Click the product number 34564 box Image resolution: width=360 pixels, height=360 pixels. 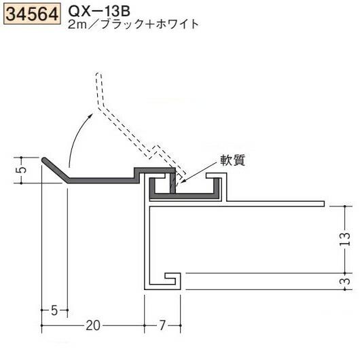tap(31, 14)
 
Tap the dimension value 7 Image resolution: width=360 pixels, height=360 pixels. tap(163, 325)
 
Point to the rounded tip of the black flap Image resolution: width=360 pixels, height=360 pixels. tap(45, 161)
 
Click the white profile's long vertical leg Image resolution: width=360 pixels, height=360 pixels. tap(146, 245)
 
